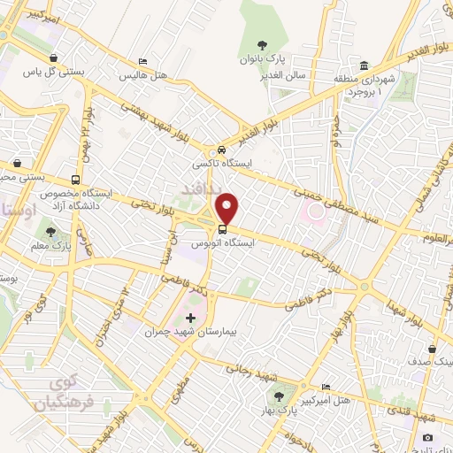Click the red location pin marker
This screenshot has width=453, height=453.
tap(228, 207)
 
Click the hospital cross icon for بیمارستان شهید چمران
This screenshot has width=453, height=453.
tap(190, 317)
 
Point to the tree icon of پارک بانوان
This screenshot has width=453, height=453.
tap(261, 45)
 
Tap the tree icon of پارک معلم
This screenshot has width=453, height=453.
tap(51, 232)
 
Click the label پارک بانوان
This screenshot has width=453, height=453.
tap(261, 60)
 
